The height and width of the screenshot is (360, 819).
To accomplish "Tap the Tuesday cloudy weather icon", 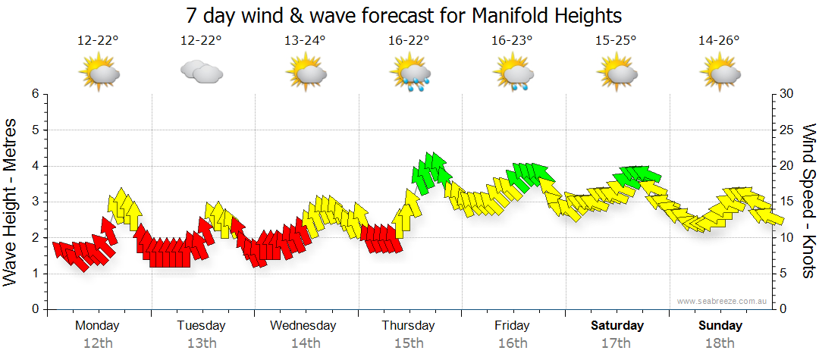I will pyautogui.click(x=201, y=73).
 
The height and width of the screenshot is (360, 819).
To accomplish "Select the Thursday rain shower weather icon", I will pyautogui.click(x=410, y=74).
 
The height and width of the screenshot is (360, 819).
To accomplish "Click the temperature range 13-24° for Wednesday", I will pyautogui.click(x=305, y=41).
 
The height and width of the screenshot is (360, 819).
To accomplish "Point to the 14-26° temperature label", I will pyautogui.click(x=719, y=41).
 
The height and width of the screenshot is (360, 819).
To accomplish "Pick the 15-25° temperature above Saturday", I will pyautogui.click(x=616, y=41).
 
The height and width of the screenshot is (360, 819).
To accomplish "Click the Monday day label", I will pyautogui.click(x=97, y=326).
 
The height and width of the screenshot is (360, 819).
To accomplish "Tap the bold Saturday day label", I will pyautogui.click(x=617, y=326).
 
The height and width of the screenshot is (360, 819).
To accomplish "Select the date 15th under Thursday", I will pyautogui.click(x=409, y=343).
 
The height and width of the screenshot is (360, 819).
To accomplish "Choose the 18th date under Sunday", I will pyautogui.click(x=720, y=343).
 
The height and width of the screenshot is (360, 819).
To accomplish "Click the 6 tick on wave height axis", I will pyautogui.click(x=34, y=94).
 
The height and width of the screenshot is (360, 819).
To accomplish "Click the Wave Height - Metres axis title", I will pyautogui.click(x=11, y=202).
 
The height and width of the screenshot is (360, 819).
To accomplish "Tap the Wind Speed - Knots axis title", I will pyautogui.click(x=808, y=202).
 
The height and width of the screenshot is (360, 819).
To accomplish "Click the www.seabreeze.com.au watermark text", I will pyautogui.click(x=723, y=301).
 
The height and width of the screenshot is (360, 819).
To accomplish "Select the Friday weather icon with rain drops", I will pyautogui.click(x=513, y=74).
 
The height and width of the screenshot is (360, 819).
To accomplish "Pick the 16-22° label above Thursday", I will pyautogui.click(x=409, y=41).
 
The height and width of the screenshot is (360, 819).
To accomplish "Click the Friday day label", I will pyautogui.click(x=513, y=326).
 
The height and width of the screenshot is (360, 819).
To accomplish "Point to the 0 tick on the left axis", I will pyautogui.click(x=34, y=309).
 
